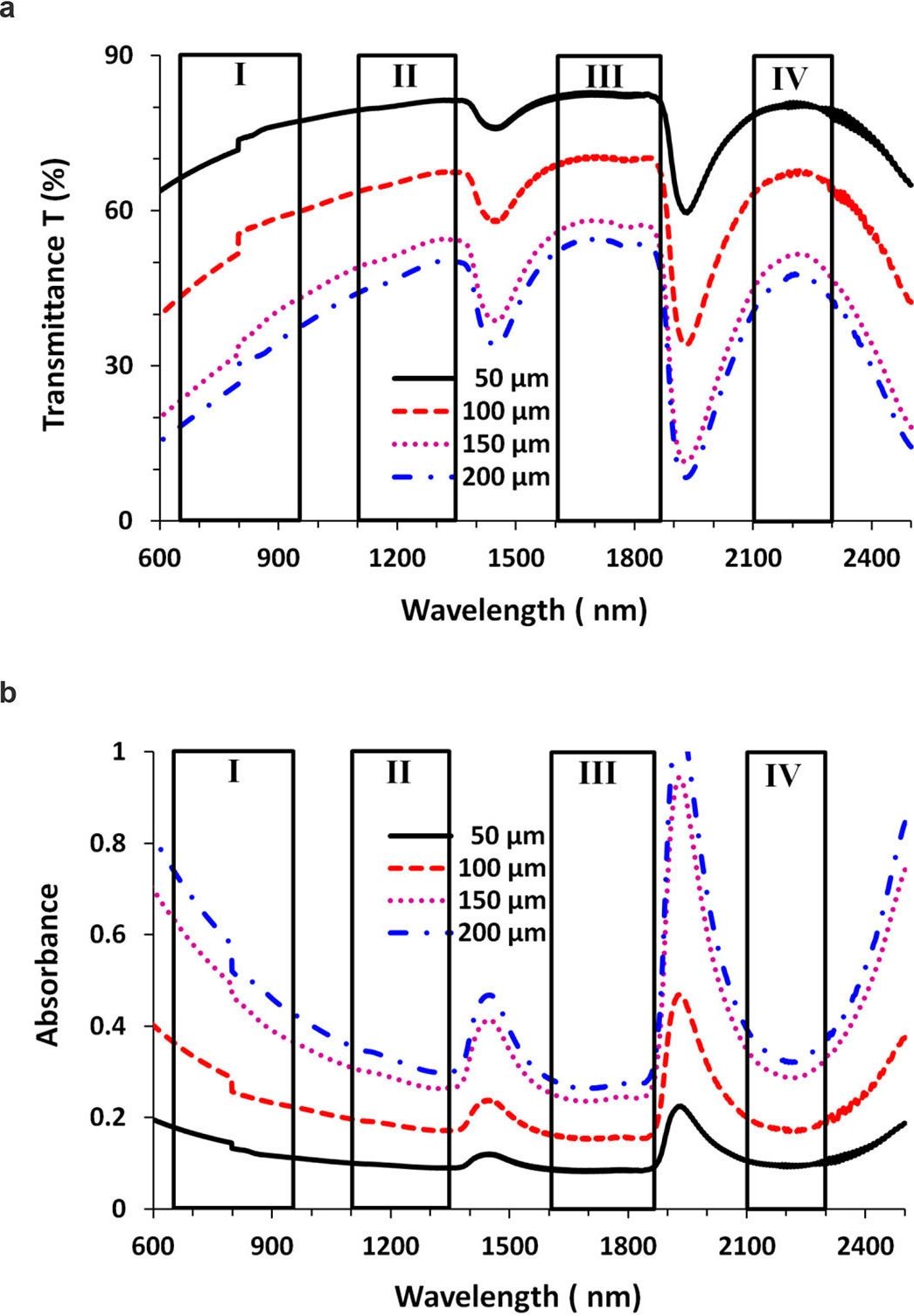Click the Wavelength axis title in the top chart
(x=524, y=609)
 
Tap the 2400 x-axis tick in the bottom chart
(x=864, y=1245)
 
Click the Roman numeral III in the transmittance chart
(x=604, y=77)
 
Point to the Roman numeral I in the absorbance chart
(x=233, y=771)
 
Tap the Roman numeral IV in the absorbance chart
(x=783, y=776)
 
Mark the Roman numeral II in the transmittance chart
(x=404, y=77)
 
